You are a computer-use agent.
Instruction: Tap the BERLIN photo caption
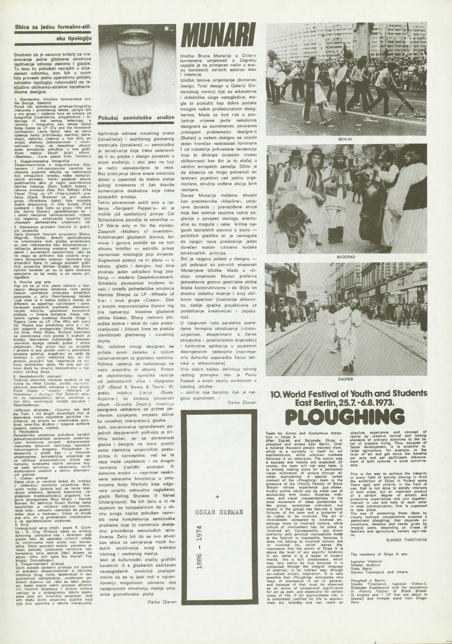tap(346, 139)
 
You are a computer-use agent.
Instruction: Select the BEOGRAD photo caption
tap(346, 258)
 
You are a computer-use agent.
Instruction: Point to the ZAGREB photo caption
tap(346, 379)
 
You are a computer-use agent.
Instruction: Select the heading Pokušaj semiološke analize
tap(137, 118)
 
